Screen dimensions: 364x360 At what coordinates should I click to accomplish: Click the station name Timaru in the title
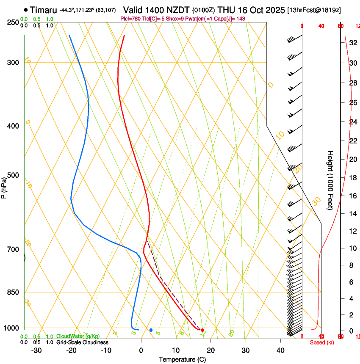(x=44, y=9)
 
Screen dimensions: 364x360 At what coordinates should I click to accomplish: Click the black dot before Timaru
(x=27, y=9)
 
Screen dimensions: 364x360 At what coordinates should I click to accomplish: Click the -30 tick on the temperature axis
(x=36, y=350)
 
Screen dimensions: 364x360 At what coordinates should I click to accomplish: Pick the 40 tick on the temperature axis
(x=280, y=350)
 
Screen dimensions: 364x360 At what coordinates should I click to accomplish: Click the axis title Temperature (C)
(x=182, y=359)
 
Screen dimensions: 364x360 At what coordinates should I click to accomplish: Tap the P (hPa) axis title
(x=4, y=185)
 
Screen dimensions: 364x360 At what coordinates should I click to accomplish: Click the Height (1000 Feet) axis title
(x=330, y=180)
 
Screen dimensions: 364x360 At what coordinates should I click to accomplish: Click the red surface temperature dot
(x=202, y=330)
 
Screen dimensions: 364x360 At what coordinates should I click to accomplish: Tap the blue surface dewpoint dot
(x=151, y=330)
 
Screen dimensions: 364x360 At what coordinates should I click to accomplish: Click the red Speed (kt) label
(x=321, y=342)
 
